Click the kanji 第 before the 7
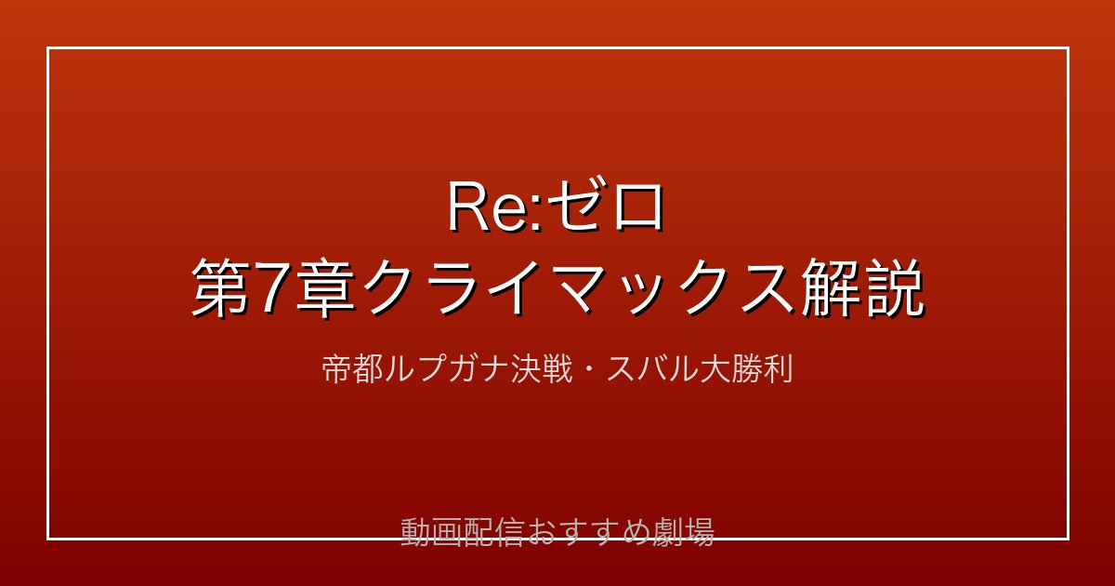(x=221, y=289)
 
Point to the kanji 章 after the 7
(x=325, y=289)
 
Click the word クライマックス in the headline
(x=578, y=289)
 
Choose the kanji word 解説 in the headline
(x=862, y=289)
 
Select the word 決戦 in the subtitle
(x=542, y=369)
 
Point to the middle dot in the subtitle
(x=589, y=370)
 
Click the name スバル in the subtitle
(x=652, y=369)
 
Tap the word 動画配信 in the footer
(x=462, y=532)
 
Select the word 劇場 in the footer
(x=683, y=532)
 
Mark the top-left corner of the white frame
(x=47, y=47)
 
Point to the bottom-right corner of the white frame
(x=1069, y=539)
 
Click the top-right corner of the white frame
(x=1069, y=47)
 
